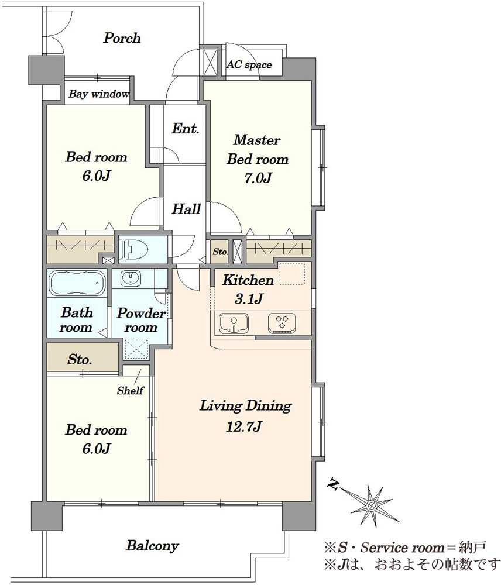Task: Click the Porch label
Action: click(122, 38)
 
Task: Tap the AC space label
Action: click(249, 64)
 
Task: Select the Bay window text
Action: click(99, 93)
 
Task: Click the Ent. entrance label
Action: click(185, 129)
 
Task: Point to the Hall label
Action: click(186, 209)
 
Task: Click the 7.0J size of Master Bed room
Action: click(258, 178)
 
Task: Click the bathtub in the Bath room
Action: click(77, 283)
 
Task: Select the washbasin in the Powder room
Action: click(131, 278)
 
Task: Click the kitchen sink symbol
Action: click(234, 323)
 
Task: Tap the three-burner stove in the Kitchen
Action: click(282, 323)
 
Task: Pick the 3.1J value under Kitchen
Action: click(249, 298)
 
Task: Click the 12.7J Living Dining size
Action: click(244, 426)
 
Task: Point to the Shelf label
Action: click(131, 391)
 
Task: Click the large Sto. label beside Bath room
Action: click(80, 360)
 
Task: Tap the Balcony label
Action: click(152, 546)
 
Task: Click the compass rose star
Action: click(371, 505)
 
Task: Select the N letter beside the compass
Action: click(333, 484)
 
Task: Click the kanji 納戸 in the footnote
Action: click(473, 548)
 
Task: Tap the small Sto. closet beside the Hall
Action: click(219, 252)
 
